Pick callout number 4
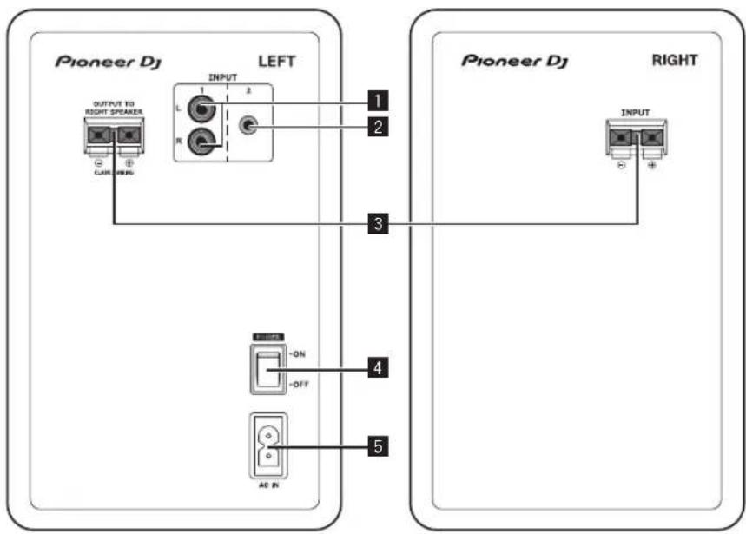point(376,368)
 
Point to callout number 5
point(376,447)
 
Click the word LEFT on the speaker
point(277,62)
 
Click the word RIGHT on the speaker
point(675,62)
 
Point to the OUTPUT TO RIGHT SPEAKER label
point(114,108)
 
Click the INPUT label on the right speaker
point(637,112)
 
